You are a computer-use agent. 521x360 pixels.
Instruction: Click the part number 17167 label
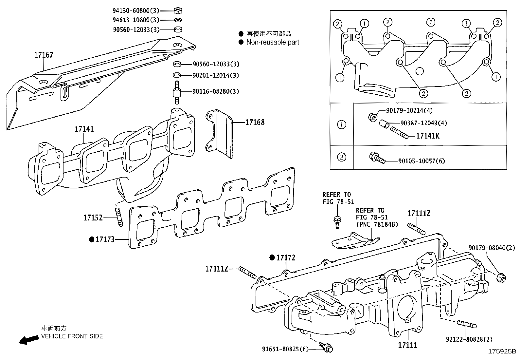click(x=44, y=55)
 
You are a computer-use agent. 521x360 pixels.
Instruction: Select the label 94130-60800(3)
click(x=136, y=11)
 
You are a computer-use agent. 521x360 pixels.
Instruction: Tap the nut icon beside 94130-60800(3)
click(x=178, y=11)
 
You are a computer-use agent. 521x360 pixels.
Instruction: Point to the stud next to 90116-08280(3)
click(x=177, y=92)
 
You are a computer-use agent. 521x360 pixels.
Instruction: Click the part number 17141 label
click(x=84, y=129)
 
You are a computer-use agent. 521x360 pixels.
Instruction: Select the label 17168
click(x=255, y=123)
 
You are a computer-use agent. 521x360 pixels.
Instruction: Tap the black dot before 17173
click(x=92, y=239)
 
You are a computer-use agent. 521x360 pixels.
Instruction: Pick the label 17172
click(x=286, y=258)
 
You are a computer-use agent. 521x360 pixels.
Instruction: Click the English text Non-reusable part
click(x=273, y=42)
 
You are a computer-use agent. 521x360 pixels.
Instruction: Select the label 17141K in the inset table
click(x=428, y=136)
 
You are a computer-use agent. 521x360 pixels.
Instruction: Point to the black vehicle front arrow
click(x=28, y=340)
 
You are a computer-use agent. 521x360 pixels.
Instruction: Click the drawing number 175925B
click(x=502, y=351)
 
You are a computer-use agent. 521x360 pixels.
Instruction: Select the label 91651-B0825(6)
click(x=285, y=349)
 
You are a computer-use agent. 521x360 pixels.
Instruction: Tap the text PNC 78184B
click(x=377, y=224)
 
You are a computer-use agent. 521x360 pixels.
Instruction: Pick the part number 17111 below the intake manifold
click(x=407, y=345)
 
